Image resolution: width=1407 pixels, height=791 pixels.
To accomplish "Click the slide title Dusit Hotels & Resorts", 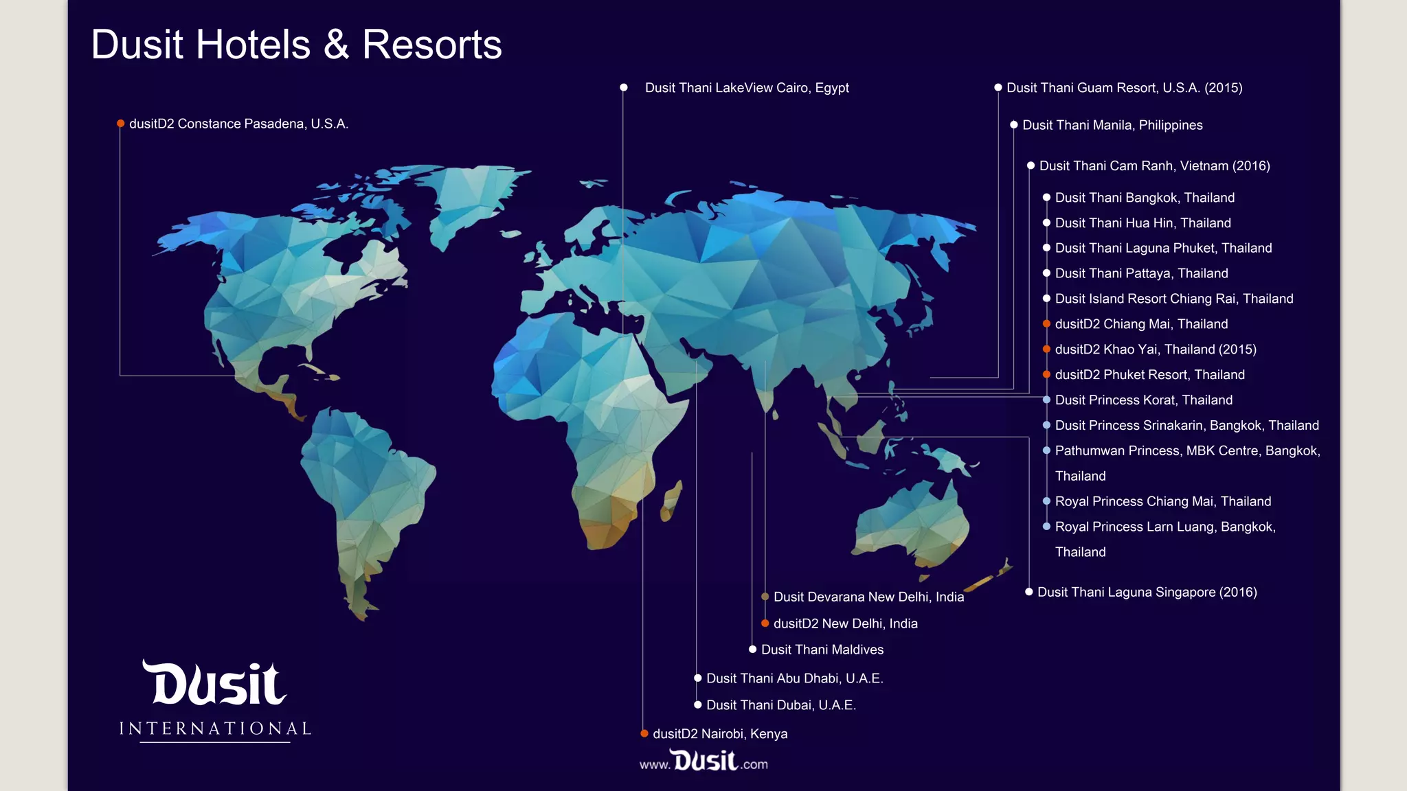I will pyautogui.click(x=296, y=45).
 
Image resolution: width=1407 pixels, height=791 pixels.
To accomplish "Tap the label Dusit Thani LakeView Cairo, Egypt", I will pyautogui.click(x=747, y=88).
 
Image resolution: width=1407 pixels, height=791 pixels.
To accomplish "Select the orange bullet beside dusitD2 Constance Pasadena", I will pyautogui.click(x=121, y=124).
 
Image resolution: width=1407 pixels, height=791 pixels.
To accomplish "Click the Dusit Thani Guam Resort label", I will pyautogui.click(x=1124, y=88).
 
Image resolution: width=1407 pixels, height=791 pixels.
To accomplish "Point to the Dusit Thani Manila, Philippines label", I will pyautogui.click(x=1112, y=125).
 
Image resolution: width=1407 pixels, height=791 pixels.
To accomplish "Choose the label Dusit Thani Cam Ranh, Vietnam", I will pyautogui.click(x=1154, y=165).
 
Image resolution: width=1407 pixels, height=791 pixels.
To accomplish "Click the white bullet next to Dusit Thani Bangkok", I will pyautogui.click(x=1046, y=198).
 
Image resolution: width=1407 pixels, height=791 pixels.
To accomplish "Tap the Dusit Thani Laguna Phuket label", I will pyautogui.click(x=1163, y=248).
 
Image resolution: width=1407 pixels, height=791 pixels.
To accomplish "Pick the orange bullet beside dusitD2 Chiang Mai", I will pyautogui.click(x=1046, y=324).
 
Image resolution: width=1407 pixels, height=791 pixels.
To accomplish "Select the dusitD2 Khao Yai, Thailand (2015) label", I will pyautogui.click(x=1156, y=349).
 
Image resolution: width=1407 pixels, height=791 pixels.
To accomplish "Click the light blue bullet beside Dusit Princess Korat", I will pyautogui.click(x=1046, y=400).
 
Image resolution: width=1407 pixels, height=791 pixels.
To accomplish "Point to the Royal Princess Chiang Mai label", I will pyautogui.click(x=1163, y=501).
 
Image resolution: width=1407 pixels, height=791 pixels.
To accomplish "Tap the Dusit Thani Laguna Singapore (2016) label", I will pyautogui.click(x=1147, y=592).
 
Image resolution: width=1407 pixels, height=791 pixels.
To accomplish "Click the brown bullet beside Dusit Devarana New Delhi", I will pyautogui.click(x=765, y=597).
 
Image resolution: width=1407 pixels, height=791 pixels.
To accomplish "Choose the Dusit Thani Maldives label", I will pyautogui.click(x=822, y=650).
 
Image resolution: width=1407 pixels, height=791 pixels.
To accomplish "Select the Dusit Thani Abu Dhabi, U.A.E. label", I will pyautogui.click(x=795, y=678).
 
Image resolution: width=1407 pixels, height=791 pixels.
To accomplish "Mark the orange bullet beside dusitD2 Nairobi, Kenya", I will pyautogui.click(x=644, y=734).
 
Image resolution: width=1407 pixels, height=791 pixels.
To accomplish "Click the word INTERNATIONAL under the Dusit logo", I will pyautogui.click(x=215, y=729).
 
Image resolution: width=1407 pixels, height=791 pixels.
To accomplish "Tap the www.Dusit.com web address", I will pyautogui.click(x=703, y=762).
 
